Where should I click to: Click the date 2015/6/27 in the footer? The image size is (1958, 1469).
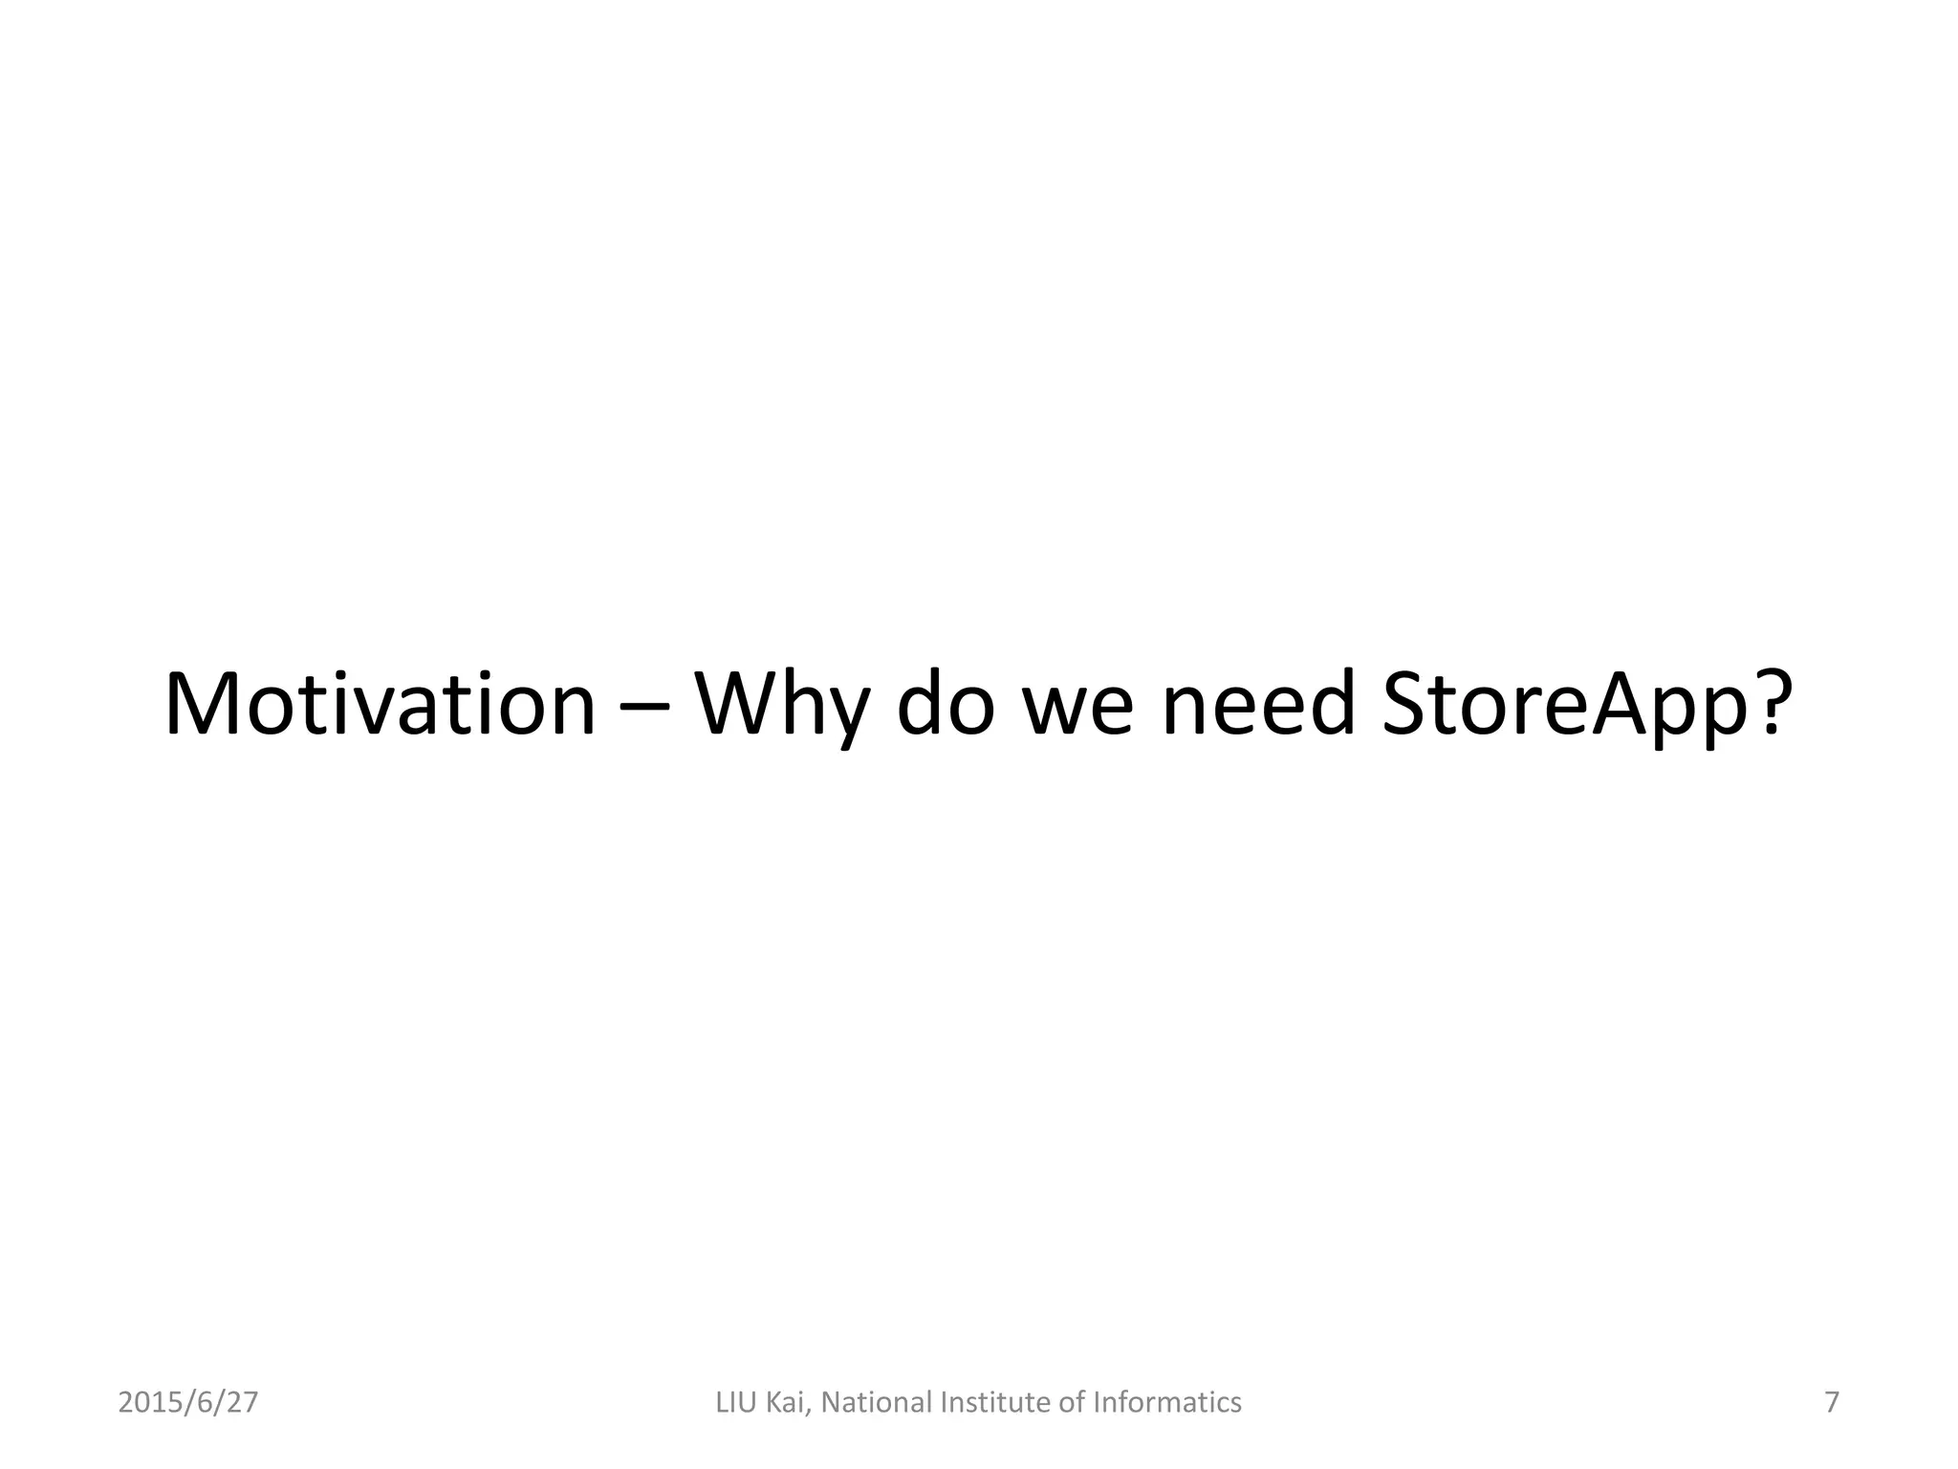(188, 1403)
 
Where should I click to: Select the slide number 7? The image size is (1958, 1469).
(1832, 1403)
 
